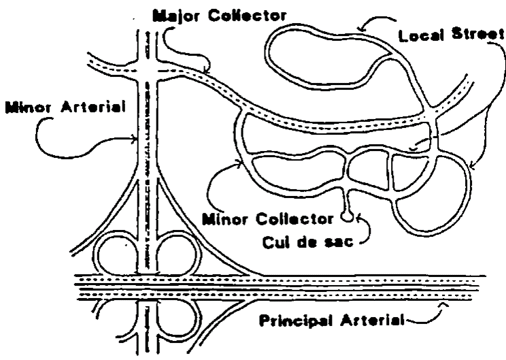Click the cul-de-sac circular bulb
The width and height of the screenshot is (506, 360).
pos(347,218)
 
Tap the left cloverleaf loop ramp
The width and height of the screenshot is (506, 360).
pos(118,254)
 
